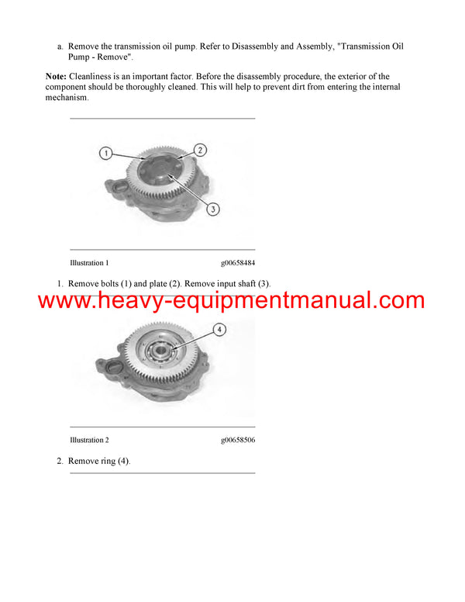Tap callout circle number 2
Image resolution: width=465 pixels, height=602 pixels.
point(200,150)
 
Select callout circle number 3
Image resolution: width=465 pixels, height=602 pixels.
point(213,208)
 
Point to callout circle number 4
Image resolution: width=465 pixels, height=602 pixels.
point(219,330)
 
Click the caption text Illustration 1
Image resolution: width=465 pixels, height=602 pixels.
point(89,263)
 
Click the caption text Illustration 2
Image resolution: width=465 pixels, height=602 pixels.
point(89,440)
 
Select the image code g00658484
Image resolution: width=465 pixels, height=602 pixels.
point(238,263)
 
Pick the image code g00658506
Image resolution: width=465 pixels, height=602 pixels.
point(238,440)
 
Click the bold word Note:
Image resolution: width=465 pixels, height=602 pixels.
point(56,77)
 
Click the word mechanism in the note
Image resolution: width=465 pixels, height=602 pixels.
point(67,98)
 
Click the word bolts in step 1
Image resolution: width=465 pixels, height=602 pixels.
point(114,283)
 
